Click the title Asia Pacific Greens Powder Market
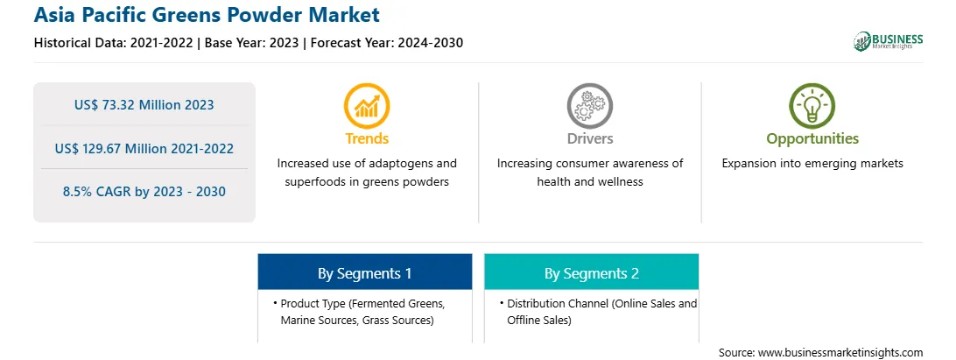[x=207, y=15]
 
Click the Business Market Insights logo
[x=888, y=41]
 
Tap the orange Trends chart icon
[x=367, y=106]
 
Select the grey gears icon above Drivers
[x=589, y=106]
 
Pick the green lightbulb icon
[x=812, y=106]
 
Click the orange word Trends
[x=367, y=138]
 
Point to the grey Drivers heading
[x=589, y=138]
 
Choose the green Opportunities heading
[x=812, y=139]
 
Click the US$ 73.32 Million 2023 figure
[x=144, y=105]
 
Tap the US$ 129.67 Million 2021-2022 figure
[x=144, y=148]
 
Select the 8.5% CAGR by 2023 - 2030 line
[x=144, y=192]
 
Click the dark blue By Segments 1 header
[x=364, y=272]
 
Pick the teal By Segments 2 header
[x=592, y=272]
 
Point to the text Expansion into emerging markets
[x=812, y=164]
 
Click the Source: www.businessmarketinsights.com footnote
[x=820, y=352]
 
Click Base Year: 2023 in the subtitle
[x=252, y=43]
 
